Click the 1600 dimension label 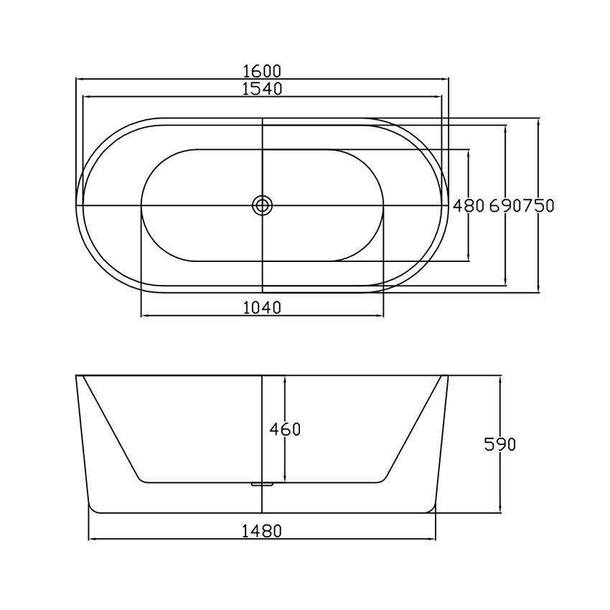point(262,71)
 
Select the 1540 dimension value point(262,89)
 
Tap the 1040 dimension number point(262,308)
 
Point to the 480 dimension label point(469,205)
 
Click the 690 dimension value point(505,205)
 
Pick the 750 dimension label point(538,205)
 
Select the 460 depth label point(285,429)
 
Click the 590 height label point(500,444)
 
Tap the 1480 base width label point(262,530)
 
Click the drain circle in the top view point(263,205)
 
